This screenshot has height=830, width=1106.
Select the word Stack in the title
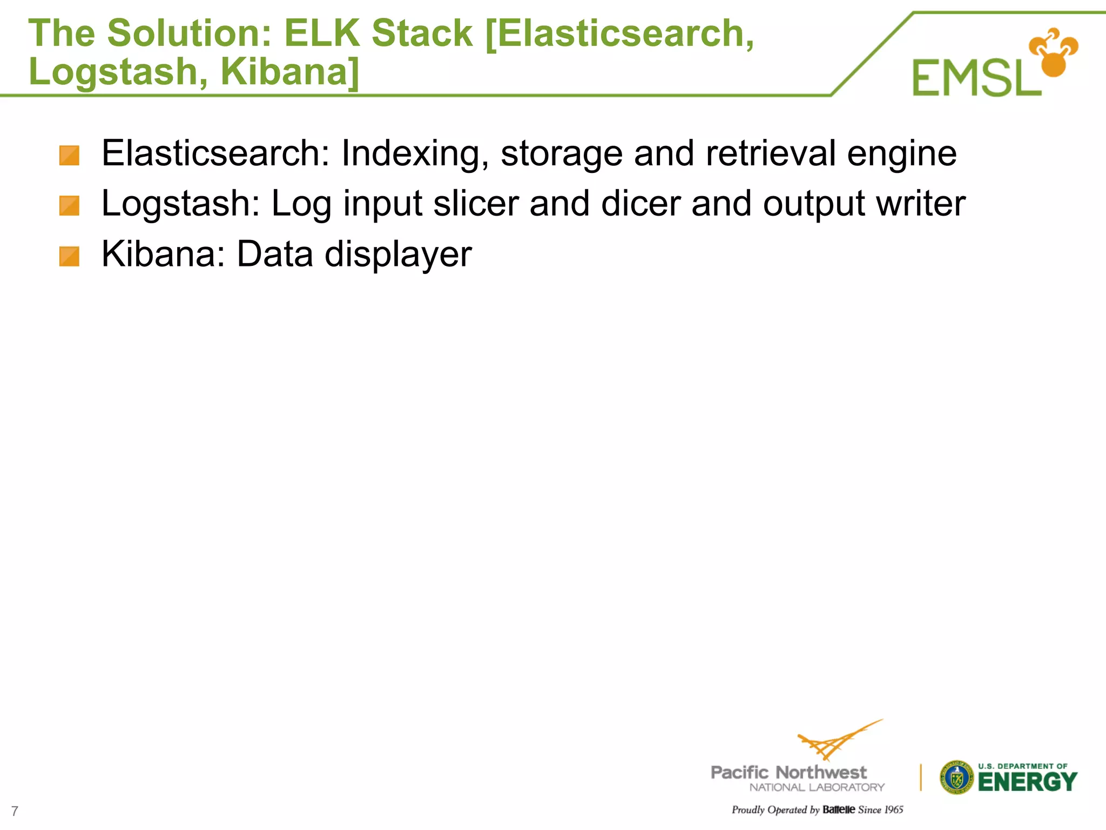click(422, 34)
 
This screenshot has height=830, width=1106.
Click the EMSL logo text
click(976, 78)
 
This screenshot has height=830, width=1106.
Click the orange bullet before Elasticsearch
click(69, 156)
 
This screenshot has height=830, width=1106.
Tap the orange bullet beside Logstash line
click(69, 206)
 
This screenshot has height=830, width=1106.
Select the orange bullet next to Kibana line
click(69, 257)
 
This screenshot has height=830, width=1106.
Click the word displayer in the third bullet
click(398, 255)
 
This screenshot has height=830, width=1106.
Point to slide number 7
click(15, 811)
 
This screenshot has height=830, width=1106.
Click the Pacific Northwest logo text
click(788, 773)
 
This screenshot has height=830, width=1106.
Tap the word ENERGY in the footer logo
click(1027, 782)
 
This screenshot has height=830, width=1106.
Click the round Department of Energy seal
click(956, 778)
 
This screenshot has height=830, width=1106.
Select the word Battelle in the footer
click(839, 809)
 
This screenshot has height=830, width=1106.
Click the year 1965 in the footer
click(894, 809)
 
